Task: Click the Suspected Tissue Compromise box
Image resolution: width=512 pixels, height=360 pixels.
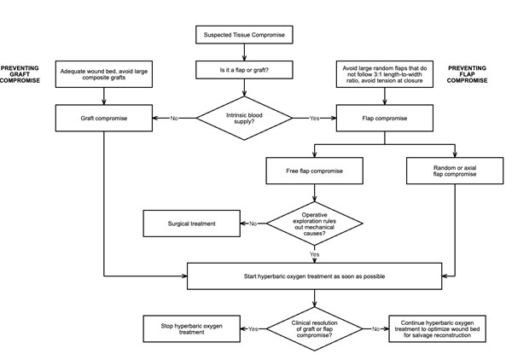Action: (246, 35)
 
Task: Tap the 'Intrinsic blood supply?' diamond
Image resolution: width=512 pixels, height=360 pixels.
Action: (246, 118)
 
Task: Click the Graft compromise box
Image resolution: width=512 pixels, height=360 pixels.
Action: (104, 118)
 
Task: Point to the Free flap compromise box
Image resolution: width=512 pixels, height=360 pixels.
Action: (316, 171)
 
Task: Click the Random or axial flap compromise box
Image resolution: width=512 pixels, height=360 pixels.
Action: (451, 171)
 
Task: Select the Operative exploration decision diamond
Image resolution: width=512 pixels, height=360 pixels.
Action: (316, 224)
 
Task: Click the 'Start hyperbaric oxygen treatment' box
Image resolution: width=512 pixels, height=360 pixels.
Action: (316, 276)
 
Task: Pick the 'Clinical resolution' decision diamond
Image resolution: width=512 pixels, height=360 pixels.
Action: (316, 328)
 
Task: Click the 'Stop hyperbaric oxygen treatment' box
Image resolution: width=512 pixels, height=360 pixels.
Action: (185, 328)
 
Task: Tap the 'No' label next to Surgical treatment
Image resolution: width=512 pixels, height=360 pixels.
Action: (253, 224)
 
